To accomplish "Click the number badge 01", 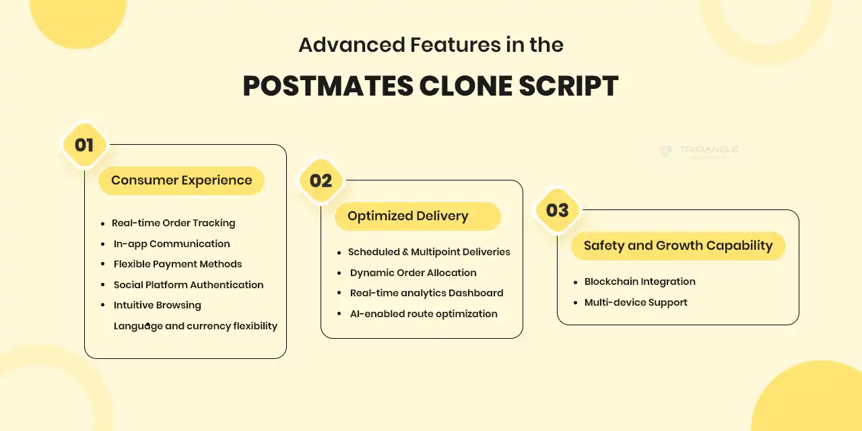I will point(84,145).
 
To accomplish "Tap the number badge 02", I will point(321,180).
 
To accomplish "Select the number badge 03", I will point(557,210).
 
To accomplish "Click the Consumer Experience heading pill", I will point(181,180).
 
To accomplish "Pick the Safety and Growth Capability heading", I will point(677,246).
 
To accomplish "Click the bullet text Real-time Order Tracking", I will point(173,223).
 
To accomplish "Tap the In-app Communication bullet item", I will point(172,244).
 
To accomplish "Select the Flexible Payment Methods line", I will point(178,264).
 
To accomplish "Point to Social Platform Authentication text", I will point(189,285).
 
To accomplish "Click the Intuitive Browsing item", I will point(157,305).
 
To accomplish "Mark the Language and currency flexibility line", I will point(195,326).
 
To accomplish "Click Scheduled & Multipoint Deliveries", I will point(429,252).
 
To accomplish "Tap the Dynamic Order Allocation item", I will point(413,273).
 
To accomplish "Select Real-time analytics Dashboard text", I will point(426,293).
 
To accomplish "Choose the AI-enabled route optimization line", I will point(424,314).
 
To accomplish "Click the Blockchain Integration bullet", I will point(640,281).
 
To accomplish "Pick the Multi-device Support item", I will point(636,302).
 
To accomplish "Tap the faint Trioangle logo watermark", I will point(699,151).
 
